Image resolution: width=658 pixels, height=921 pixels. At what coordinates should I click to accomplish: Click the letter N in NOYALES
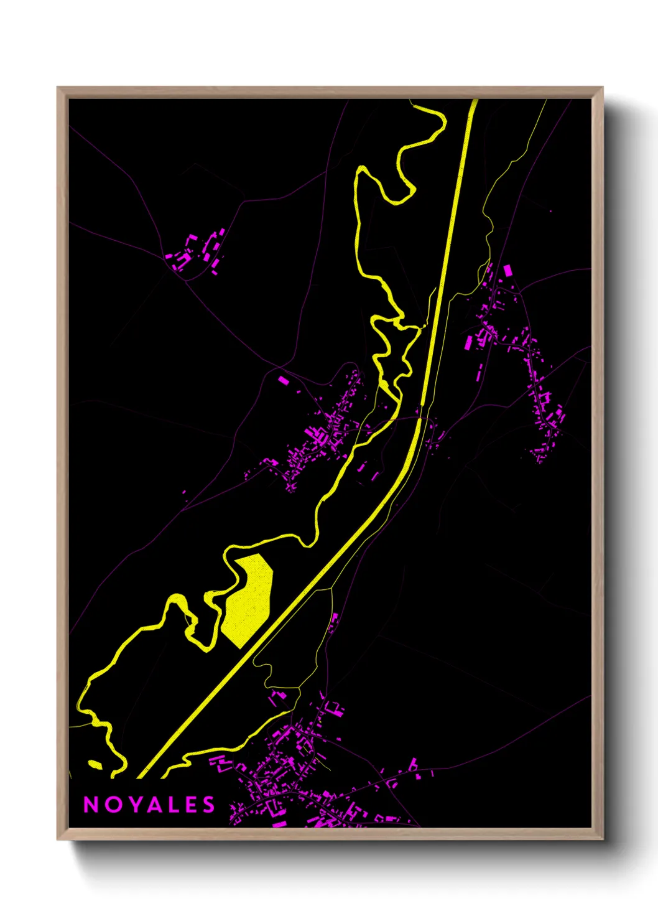(91, 805)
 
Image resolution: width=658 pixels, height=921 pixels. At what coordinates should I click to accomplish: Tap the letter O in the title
(111, 805)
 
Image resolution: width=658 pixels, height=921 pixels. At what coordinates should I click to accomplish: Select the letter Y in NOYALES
(132, 805)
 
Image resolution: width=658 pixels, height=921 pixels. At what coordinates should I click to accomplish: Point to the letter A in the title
(151, 805)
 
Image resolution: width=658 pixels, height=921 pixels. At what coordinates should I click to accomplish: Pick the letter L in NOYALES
(171, 805)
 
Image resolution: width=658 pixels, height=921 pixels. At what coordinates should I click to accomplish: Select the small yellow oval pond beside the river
(95, 764)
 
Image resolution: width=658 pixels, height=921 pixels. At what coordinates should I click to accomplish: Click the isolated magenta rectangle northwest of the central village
(284, 380)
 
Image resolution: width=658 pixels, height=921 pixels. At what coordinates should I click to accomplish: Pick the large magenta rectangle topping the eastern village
(507, 271)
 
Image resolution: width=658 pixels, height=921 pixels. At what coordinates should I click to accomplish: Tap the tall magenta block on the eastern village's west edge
(469, 342)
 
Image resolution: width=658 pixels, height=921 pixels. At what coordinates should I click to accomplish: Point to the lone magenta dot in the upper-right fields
(550, 212)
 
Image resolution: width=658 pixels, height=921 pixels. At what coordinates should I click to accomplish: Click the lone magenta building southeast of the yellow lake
(334, 619)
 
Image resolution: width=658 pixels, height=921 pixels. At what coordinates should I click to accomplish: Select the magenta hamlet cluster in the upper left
(196, 252)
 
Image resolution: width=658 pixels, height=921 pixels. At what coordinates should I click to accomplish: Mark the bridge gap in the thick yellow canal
(421, 411)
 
